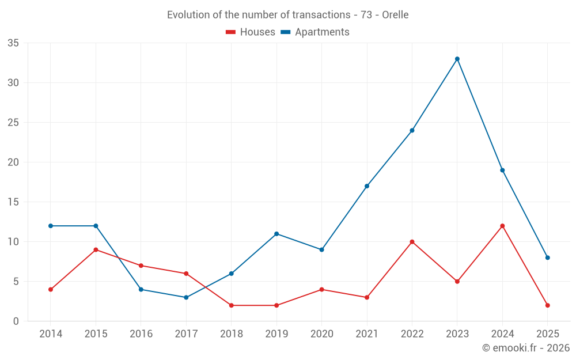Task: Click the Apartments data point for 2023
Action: (x=457, y=59)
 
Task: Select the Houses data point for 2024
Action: (x=502, y=226)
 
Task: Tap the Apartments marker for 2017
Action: (x=186, y=297)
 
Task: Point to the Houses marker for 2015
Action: (x=96, y=249)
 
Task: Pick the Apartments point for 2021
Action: (x=367, y=186)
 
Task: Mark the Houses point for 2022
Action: (x=412, y=242)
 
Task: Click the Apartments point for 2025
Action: (x=548, y=257)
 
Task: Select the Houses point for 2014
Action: (x=51, y=289)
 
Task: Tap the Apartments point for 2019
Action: (x=276, y=234)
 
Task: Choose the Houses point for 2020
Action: (x=321, y=289)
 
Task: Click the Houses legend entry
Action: (x=251, y=32)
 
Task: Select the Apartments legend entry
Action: (x=315, y=32)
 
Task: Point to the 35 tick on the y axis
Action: (x=13, y=43)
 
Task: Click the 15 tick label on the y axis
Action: (x=13, y=202)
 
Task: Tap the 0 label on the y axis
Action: (x=16, y=321)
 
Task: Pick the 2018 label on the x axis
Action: (x=231, y=334)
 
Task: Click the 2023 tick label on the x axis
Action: (x=457, y=334)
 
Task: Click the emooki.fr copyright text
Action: (x=526, y=348)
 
